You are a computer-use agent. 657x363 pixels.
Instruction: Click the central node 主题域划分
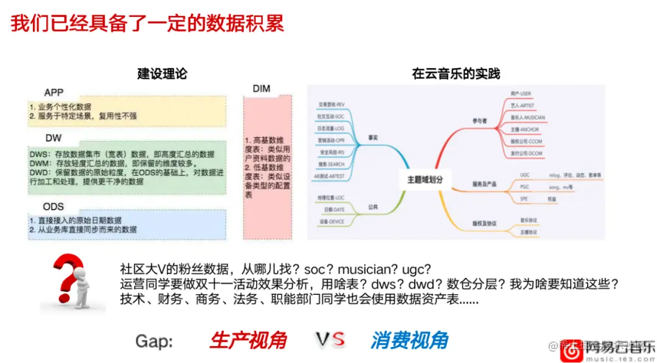(429, 179)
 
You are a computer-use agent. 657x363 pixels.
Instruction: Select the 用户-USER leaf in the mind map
(521, 93)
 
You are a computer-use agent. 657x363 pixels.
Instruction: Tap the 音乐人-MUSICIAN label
(527, 117)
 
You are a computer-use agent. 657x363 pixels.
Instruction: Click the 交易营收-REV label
(332, 105)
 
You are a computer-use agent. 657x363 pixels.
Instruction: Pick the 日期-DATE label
(335, 210)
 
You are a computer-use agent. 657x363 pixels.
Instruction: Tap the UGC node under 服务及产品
(524, 175)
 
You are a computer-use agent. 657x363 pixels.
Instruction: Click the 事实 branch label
(373, 138)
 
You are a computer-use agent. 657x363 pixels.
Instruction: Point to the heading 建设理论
(162, 74)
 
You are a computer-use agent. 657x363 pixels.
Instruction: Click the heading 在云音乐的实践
(456, 74)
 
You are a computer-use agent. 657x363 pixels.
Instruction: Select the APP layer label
(54, 93)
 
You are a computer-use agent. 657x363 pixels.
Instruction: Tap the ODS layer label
(54, 207)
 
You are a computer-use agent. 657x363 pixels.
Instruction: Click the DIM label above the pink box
(261, 89)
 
